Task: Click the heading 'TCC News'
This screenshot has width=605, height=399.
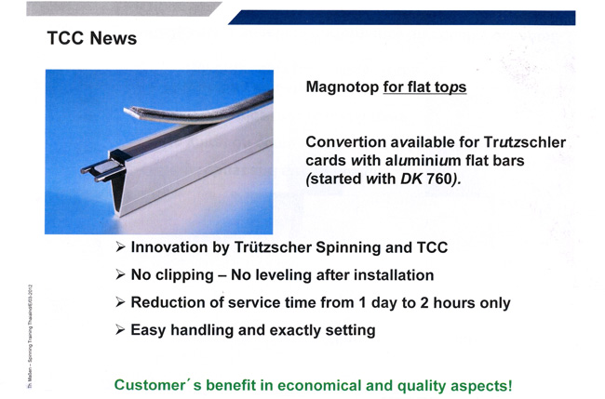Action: pyautogui.click(x=92, y=38)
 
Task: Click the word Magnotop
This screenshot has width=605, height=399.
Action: pyautogui.click(x=343, y=87)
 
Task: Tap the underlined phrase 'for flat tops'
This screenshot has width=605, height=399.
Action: pyautogui.click(x=424, y=87)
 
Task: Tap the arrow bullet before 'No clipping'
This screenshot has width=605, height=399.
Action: pyautogui.click(x=120, y=275)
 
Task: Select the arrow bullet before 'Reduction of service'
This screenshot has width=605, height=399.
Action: pyautogui.click(x=120, y=302)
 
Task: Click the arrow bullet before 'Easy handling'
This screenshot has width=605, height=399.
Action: pyautogui.click(x=120, y=330)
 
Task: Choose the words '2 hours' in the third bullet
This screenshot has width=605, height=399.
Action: pyautogui.click(x=448, y=302)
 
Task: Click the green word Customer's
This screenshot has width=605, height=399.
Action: pyautogui.click(x=158, y=385)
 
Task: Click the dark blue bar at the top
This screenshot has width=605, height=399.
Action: pyautogui.click(x=402, y=18)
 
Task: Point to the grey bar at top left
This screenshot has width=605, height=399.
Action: pyautogui.click(x=124, y=9)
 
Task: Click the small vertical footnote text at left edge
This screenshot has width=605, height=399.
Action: pyautogui.click(x=30, y=336)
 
